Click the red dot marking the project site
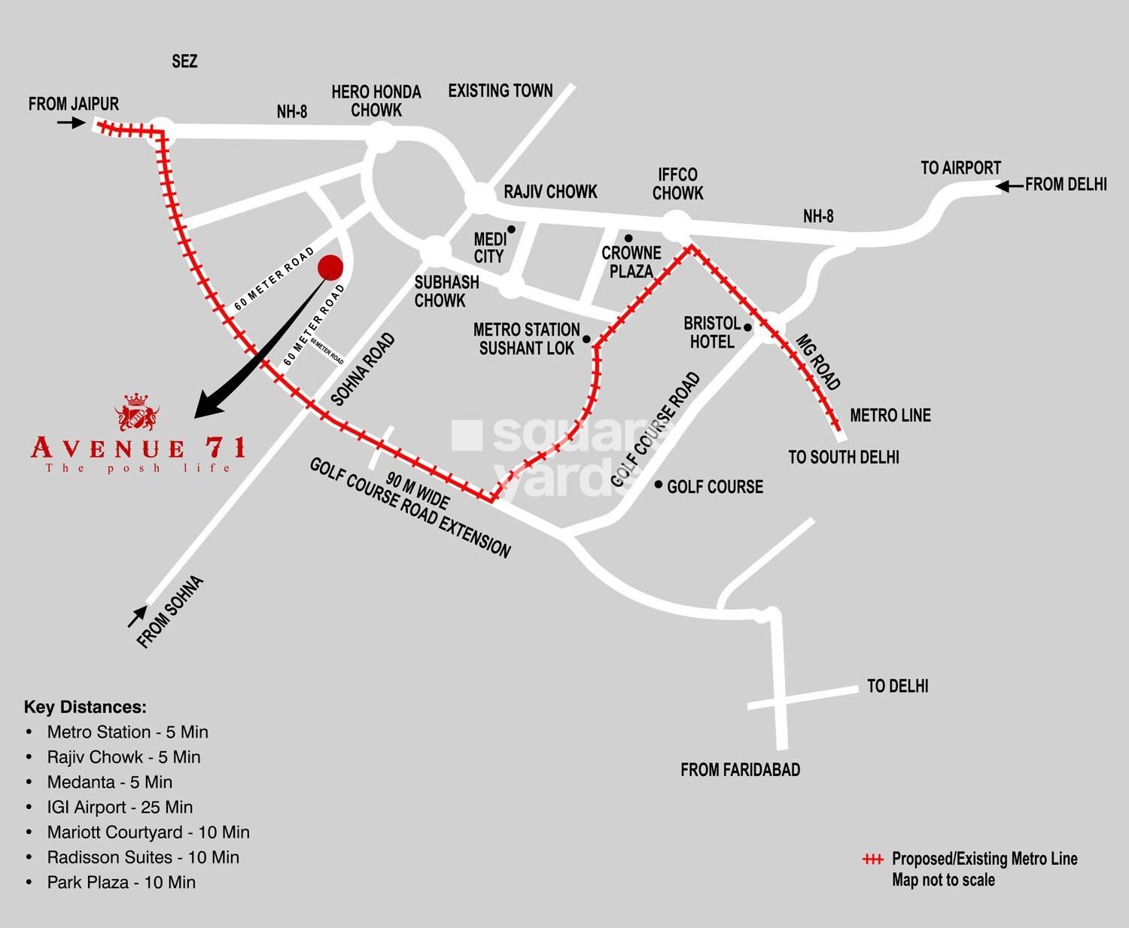point(330,267)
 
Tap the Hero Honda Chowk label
point(376,101)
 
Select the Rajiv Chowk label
point(550,192)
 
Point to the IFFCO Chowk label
point(677,184)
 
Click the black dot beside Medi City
point(511,230)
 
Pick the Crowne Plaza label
point(631,262)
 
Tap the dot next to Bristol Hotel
point(747,327)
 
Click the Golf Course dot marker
point(659,485)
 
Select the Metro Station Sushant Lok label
point(527,339)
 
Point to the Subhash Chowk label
point(446,291)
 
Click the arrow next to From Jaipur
point(72,121)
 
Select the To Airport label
point(960,168)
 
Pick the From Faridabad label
point(740,769)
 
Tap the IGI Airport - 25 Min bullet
point(120,807)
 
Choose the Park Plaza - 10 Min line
point(120,882)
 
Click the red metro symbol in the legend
point(872,859)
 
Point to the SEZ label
point(184,61)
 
